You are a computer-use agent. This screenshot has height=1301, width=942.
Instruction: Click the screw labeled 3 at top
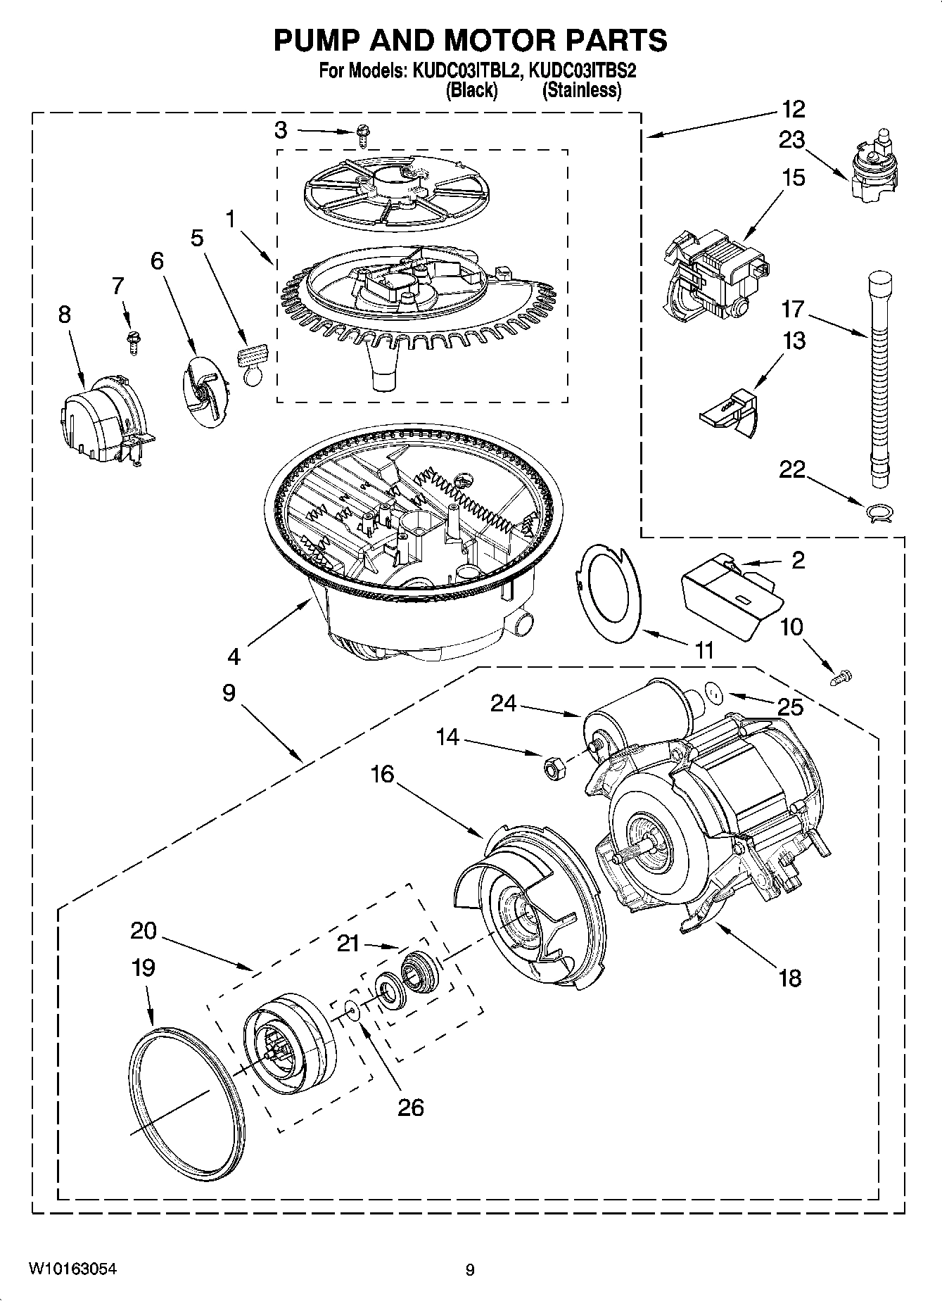[x=364, y=134]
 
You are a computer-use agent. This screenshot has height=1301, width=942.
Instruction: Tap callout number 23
[x=791, y=141]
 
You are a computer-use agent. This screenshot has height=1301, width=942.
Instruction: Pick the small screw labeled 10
[x=841, y=678]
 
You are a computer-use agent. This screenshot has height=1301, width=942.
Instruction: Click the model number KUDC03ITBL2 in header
[x=463, y=72]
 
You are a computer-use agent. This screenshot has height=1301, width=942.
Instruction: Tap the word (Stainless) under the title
[x=582, y=90]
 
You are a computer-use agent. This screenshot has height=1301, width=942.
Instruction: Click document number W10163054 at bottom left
[x=72, y=1269]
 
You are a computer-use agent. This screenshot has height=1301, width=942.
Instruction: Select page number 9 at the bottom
[x=470, y=1270]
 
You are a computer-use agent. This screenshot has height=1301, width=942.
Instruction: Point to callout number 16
[x=383, y=774]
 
